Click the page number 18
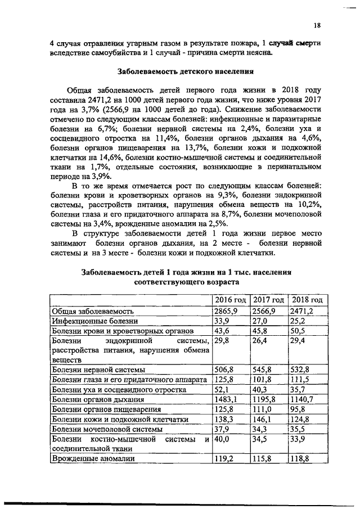pos(317,25)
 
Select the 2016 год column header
pos(231,300)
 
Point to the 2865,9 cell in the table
pos(226,311)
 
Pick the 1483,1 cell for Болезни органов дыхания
pos(226,399)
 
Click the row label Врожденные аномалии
pos(93,459)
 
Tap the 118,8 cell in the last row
pos(300,459)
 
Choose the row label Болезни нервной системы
pos(98,370)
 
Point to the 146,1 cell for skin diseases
pos(262,419)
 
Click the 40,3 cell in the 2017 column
pos(260,389)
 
